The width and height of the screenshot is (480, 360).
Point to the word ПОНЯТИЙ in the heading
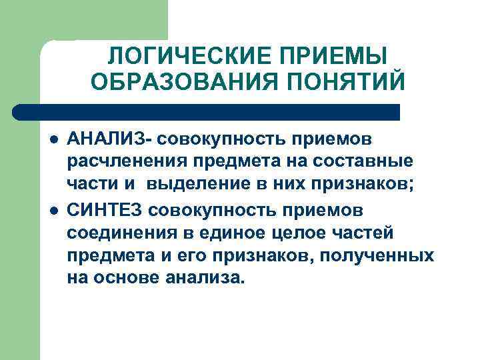coord(344,83)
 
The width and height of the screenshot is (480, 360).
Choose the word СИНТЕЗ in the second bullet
coord(105,210)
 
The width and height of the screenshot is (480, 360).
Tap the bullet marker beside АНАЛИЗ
coord(52,141)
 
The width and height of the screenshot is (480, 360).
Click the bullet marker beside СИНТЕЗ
coord(52,211)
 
